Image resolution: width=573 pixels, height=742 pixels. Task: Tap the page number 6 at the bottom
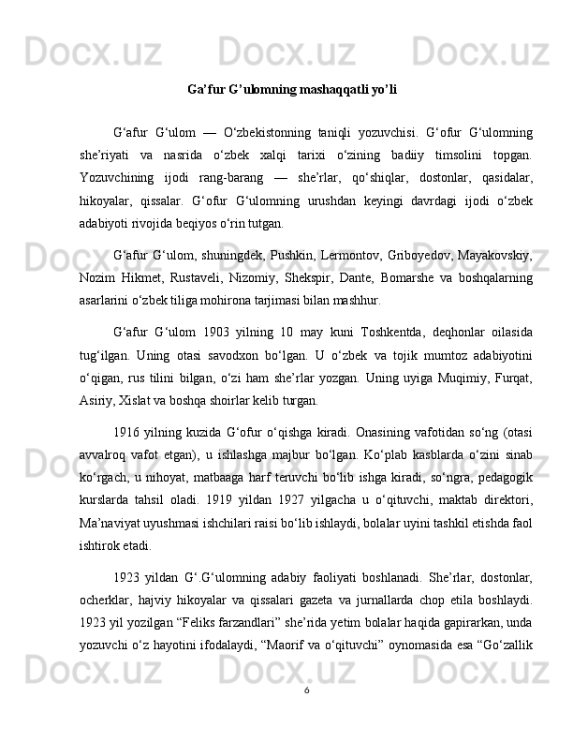307,717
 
